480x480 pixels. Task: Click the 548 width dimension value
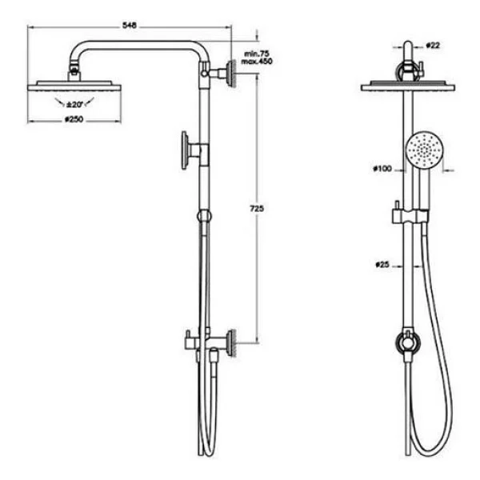(130, 26)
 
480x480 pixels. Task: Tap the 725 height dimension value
(257, 209)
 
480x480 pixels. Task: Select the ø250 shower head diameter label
(74, 119)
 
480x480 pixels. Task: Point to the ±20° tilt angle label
(74, 105)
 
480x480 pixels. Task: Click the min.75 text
(257, 54)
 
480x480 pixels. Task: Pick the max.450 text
(257, 62)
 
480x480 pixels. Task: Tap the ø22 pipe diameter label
(433, 46)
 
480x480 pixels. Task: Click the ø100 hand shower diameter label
(382, 168)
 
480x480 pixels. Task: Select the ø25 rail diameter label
(382, 264)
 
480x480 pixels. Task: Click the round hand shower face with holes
(424, 150)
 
